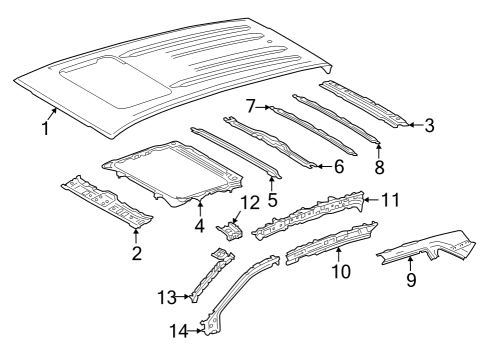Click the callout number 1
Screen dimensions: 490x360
coord(46,128)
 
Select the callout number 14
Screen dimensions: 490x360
coord(179,331)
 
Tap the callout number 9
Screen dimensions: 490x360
coord(411,279)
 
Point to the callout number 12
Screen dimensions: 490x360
coord(250,203)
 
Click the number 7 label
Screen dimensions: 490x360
coord(251,107)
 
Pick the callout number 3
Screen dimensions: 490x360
coord(430,125)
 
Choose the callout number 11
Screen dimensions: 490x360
coord(390,200)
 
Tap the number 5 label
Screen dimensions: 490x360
coord(272,199)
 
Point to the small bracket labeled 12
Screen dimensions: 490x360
coord(230,231)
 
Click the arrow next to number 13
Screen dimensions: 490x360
coord(184,296)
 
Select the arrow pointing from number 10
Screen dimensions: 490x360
coord(338,255)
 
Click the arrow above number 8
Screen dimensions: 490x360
coord(379,151)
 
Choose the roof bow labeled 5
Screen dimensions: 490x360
coord(236,152)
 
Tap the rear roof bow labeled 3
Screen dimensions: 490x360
coord(363,103)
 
